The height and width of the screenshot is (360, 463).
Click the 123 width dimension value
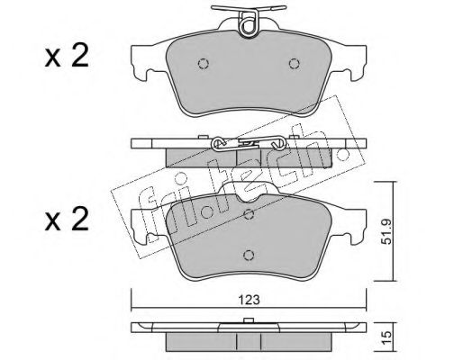[x=249, y=300]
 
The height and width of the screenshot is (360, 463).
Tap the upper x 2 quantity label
[x=67, y=56]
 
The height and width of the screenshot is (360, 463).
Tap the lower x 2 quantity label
[x=67, y=220]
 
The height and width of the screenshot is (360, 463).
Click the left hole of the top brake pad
[x=204, y=64]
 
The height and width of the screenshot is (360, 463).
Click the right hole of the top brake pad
[x=294, y=64]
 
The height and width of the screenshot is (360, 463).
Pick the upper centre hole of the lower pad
[x=249, y=214]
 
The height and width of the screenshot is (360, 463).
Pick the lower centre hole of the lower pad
[x=249, y=255]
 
